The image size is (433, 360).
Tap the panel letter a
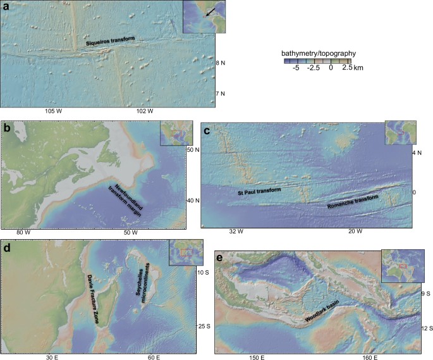(x=6, y=8)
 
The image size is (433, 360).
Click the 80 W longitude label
(x=23, y=233)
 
